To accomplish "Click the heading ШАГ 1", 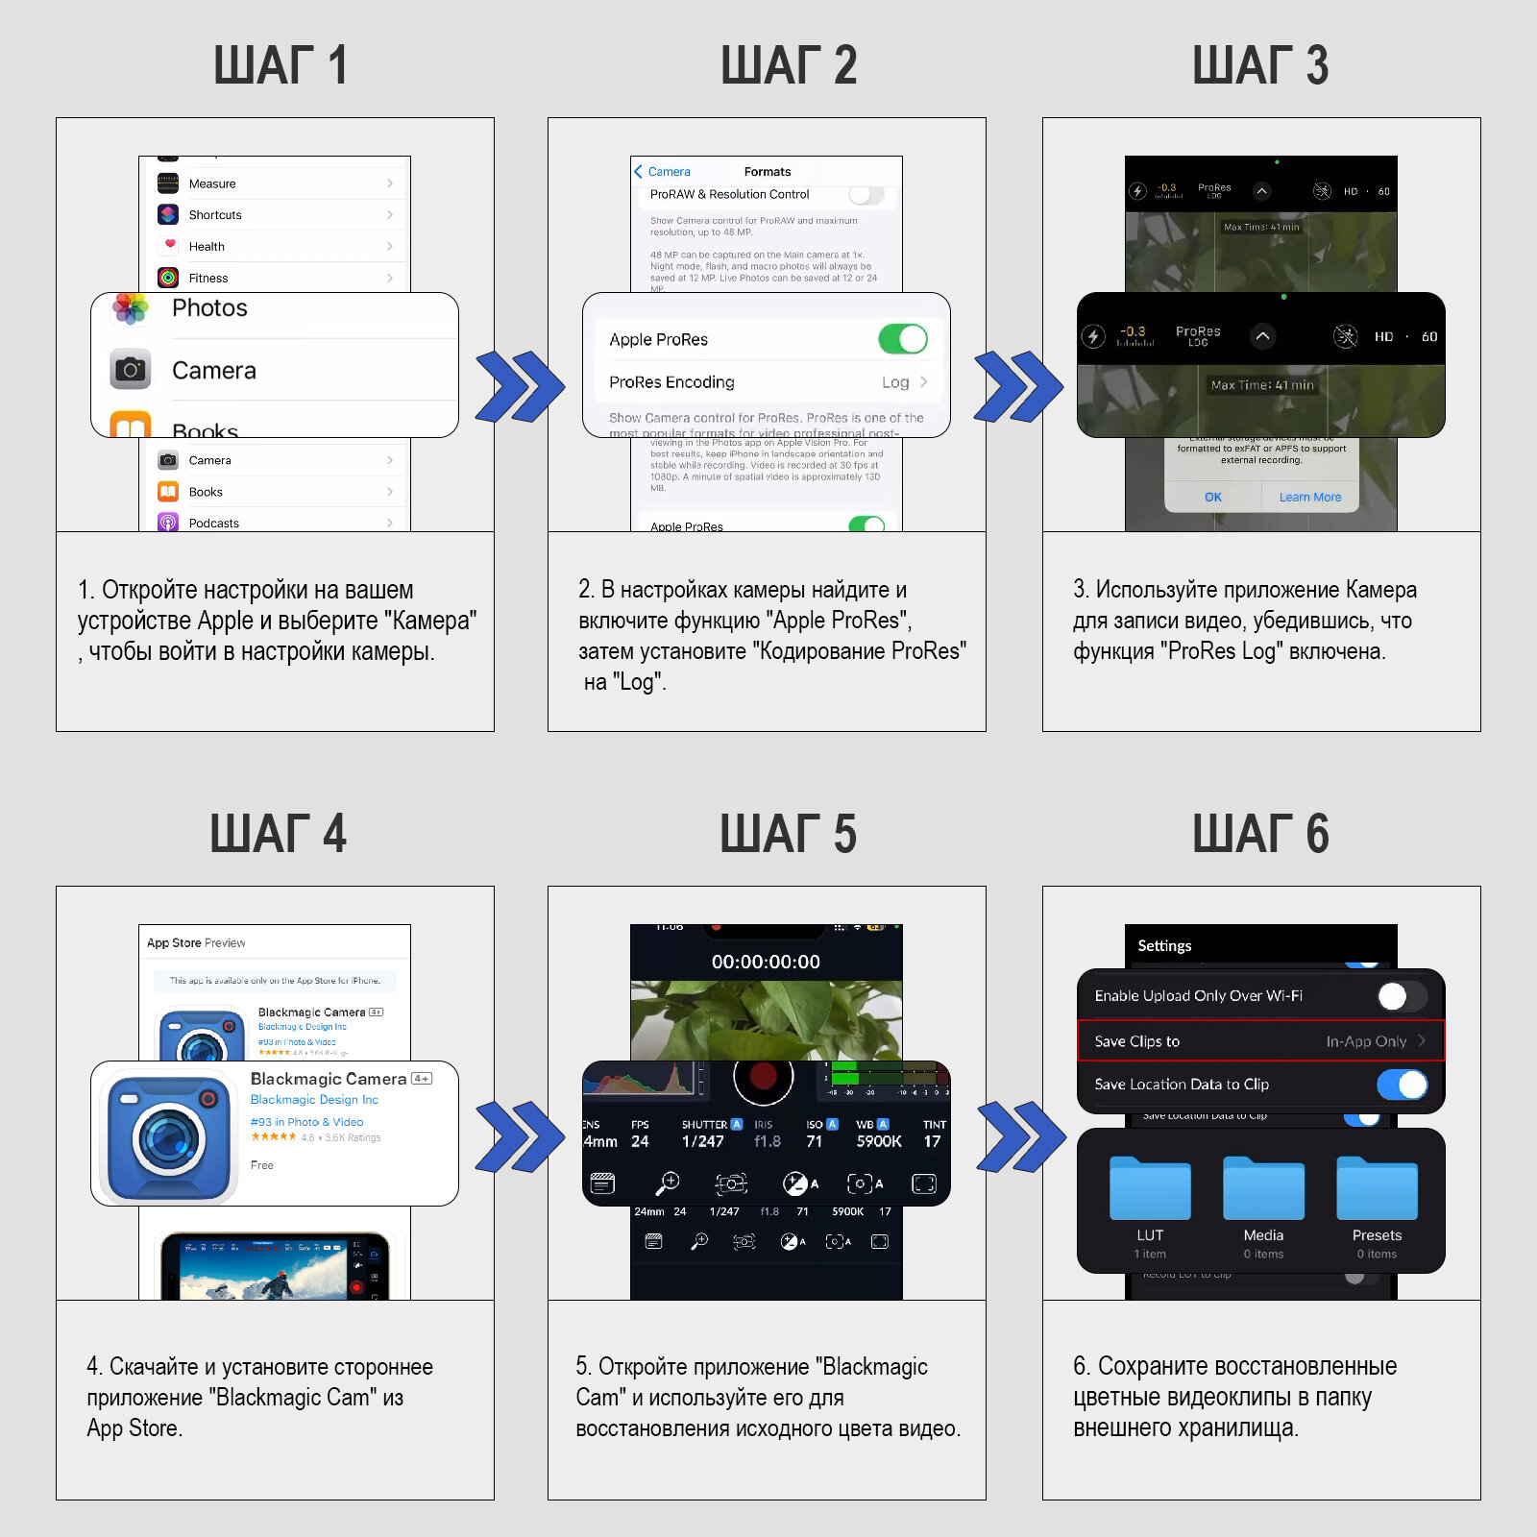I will coord(280,65).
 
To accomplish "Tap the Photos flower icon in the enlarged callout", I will coord(131,308).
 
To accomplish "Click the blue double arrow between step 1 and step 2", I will coord(520,386).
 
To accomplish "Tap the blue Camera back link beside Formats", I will coord(663,172).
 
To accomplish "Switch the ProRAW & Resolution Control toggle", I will coord(866,194).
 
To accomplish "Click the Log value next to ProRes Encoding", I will coord(895,382).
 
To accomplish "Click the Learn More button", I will coord(1309,497).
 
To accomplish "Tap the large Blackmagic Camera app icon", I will coord(168,1138).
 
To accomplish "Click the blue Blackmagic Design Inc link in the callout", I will coord(314,1100).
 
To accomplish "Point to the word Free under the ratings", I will coord(262,1165).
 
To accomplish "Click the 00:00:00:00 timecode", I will coord(766,962).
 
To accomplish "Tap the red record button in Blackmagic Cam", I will coord(763,1076).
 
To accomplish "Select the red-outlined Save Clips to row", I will coord(1260,1041).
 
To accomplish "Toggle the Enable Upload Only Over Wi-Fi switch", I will coord(1400,996).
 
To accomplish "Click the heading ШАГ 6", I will coord(1260,834).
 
